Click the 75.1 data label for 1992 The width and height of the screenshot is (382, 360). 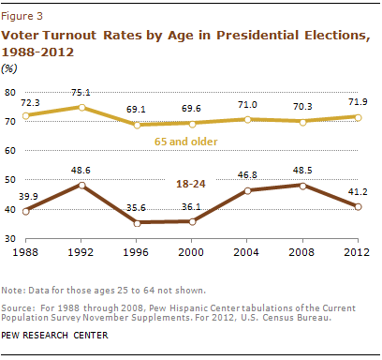click(x=85, y=92)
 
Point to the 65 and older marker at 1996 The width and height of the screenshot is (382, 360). click(x=139, y=125)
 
